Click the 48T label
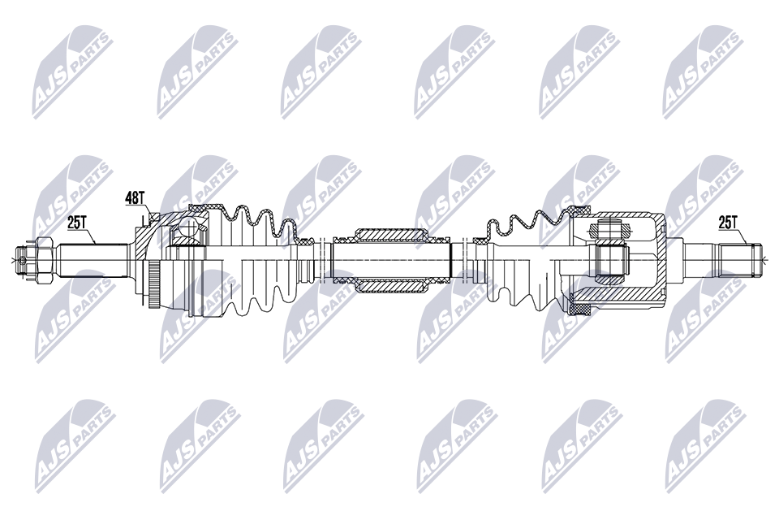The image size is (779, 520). click(x=134, y=198)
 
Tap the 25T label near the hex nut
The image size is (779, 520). click(x=78, y=223)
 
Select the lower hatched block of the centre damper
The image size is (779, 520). click(x=391, y=286)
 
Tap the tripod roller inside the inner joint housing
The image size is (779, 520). click(x=609, y=258)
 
